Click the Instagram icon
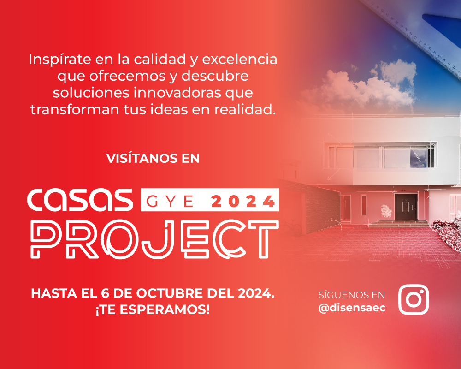tap(413, 300)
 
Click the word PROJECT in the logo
tap(154, 239)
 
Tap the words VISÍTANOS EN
tap(153, 158)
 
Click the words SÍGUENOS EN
tap(352, 295)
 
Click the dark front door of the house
tap(406, 207)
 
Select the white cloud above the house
tap(364, 85)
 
